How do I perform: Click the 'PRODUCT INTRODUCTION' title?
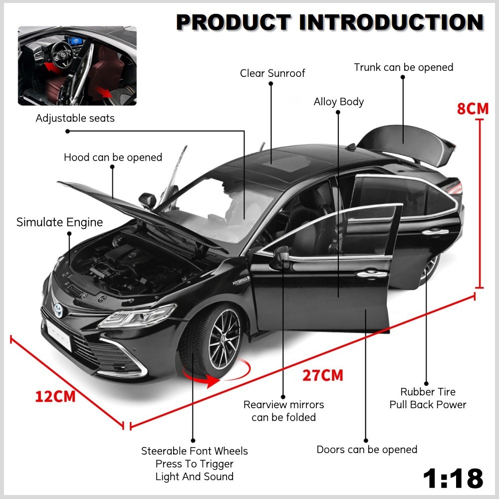point(330,22)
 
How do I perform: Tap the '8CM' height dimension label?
point(473,109)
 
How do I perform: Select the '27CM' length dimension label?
point(323,376)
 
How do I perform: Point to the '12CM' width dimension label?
point(55,397)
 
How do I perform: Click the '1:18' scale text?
point(453,478)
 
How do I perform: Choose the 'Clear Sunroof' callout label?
point(272,73)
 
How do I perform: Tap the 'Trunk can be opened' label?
point(404,67)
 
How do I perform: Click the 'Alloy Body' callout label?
point(339,102)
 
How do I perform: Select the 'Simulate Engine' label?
point(59,222)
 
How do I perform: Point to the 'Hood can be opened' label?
point(113,157)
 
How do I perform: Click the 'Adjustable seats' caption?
point(75,118)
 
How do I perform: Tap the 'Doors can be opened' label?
point(367,450)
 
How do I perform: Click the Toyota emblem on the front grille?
point(58,310)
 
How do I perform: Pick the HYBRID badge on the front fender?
point(241,280)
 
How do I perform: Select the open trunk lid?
point(406,145)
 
